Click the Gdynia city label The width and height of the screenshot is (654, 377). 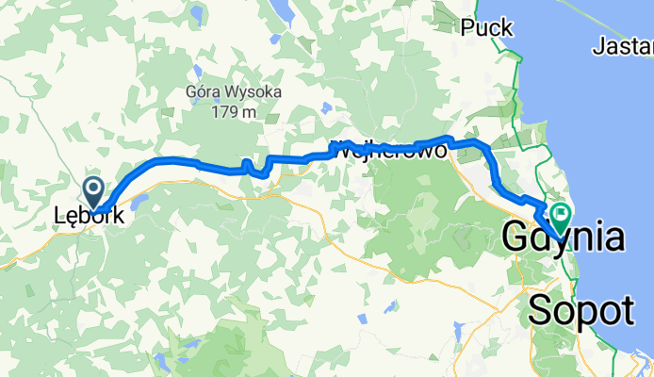[563, 238]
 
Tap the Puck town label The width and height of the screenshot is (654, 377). [486, 28]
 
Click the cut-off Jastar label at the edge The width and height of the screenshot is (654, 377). [625, 44]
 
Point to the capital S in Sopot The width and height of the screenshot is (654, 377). [542, 308]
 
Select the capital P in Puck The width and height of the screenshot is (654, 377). [469, 28]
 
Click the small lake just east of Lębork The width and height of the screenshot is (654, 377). [140, 201]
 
